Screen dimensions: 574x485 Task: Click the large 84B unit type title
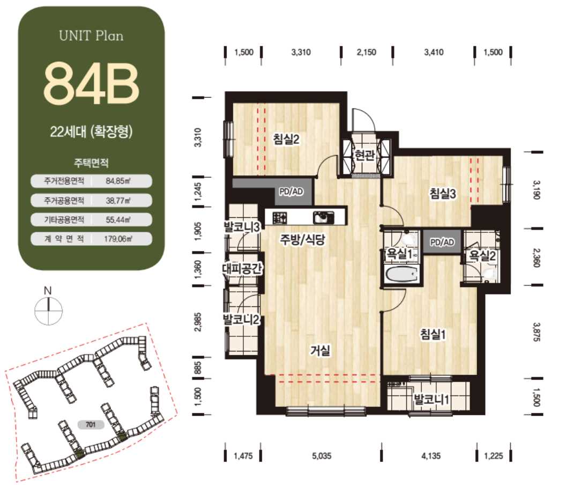91,84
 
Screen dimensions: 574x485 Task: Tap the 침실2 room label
286,139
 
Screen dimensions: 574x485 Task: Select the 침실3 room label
443,193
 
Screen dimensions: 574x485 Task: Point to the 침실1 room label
433,334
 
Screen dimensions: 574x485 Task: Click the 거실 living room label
320,350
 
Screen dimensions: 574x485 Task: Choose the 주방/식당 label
302,239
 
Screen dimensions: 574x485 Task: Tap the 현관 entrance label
364,155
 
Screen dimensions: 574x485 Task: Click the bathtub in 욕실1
401,275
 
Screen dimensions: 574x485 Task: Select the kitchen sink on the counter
324,218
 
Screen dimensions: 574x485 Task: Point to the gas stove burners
280,218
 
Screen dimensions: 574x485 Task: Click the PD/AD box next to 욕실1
442,242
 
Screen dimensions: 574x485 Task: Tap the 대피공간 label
242,268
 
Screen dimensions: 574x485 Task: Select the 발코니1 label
431,399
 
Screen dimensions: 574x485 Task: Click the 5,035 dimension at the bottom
322,456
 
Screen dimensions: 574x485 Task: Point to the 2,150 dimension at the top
367,52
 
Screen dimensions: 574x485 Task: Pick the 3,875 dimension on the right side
536,332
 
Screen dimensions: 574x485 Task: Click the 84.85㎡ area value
118,181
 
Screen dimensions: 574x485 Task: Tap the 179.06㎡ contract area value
118,239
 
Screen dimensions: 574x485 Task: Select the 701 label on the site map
91,424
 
